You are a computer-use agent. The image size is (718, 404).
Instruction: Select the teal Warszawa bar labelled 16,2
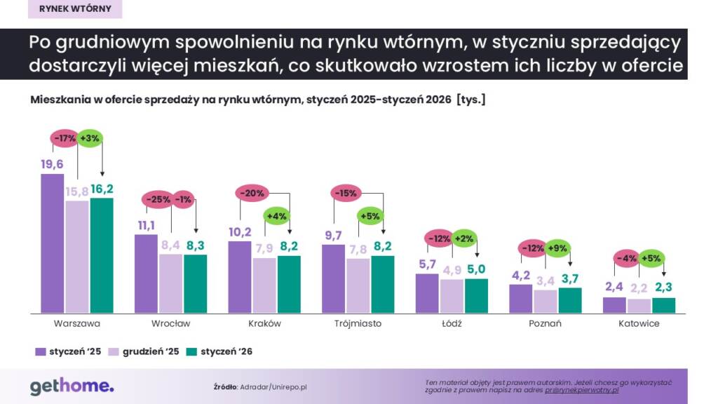[102, 255]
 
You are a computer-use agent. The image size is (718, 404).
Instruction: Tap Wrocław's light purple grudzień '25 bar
[171, 283]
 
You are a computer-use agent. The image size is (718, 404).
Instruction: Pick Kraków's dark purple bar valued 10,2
[241, 276]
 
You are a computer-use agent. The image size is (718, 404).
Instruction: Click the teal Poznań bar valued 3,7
[570, 300]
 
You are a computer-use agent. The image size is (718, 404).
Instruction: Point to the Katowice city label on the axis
[639, 324]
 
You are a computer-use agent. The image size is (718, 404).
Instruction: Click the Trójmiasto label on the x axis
[358, 324]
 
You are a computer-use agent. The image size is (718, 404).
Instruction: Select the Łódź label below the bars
[452, 324]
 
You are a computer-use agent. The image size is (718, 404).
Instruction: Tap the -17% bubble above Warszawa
[65, 139]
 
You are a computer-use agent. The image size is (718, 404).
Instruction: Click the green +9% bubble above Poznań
[557, 248]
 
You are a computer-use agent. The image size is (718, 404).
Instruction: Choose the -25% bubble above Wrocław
[158, 200]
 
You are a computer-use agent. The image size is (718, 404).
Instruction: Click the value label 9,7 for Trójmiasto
[334, 235]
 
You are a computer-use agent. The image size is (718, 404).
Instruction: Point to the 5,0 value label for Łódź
[476, 268]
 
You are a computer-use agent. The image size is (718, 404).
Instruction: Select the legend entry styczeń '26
[219, 351]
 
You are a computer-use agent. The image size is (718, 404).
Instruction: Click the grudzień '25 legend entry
[144, 351]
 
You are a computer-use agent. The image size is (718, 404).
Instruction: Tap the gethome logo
[72, 385]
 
